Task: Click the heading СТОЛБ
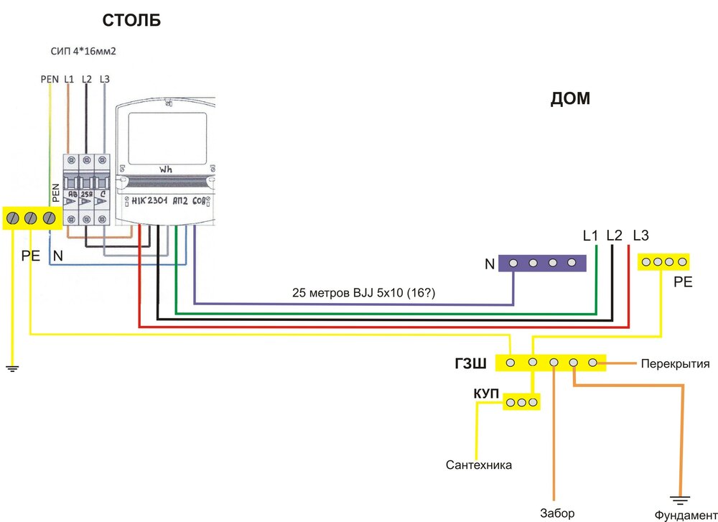pyautogui.click(x=131, y=21)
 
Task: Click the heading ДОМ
pyautogui.click(x=570, y=99)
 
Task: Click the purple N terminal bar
pyautogui.click(x=544, y=263)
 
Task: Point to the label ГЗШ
pyautogui.click(x=471, y=364)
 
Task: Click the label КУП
pyautogui.click(x=485, y=394)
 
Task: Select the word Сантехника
pyautogui.click(x=479, y=465)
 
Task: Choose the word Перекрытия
pyautogui.click(x=676, y=364)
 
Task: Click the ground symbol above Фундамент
pyautogui.click(x=681, y=498)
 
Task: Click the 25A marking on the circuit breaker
pyautogui.click(x=87, y=194)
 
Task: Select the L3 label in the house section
pyautogui.click(x=640, y=235)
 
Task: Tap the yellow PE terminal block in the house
pyautogui.click(x=663, y=262)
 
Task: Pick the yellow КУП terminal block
pyautogui.click(x=521, y=402)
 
